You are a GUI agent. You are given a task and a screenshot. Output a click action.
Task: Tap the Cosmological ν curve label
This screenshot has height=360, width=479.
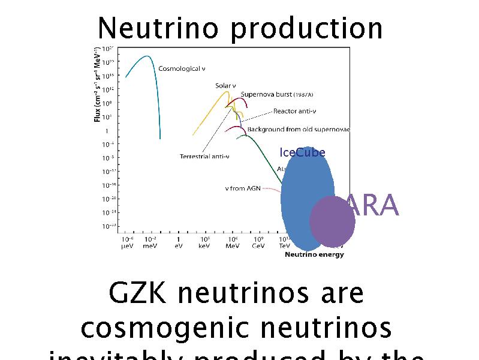pos(182,69)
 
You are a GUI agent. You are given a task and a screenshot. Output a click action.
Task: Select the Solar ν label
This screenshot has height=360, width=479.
pos(225,86)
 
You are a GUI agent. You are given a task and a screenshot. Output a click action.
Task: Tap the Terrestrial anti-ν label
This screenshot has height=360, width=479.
pos(204,157)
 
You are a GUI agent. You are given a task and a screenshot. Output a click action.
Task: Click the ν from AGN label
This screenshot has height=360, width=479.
pos(243,188)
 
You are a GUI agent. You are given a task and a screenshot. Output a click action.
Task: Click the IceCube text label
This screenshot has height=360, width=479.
pos(302,152)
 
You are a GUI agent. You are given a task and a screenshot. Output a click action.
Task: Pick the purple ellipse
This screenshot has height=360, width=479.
pos(332,221)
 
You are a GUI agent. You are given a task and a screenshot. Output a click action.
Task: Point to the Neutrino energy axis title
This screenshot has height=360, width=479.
pos(314,254)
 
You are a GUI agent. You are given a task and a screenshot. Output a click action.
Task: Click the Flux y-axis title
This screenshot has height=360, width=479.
pos(97,84)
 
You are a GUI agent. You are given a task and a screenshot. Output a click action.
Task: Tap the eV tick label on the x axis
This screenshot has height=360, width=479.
pos(178,246)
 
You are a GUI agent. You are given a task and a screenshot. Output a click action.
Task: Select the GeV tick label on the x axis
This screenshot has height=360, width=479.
pos(258,246)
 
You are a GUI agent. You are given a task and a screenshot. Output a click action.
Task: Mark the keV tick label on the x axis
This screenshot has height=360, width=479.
pos(204,246)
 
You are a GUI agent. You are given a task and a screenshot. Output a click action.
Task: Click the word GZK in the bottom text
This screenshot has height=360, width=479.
pos(139,293)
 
